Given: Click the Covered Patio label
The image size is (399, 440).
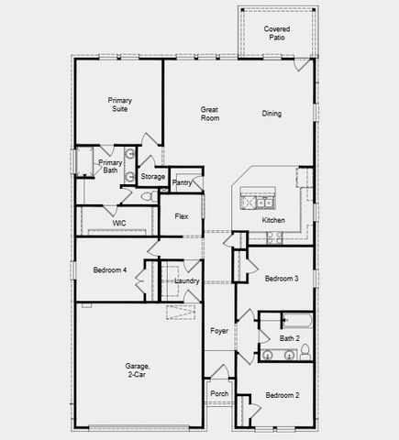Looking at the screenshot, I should coord(277,35).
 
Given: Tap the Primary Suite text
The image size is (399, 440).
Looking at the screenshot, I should coord(120,104).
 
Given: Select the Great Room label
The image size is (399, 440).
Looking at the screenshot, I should coord(210,114).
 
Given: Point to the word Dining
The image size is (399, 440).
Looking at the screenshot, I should coord(272,114).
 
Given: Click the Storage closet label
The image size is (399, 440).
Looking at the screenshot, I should coord(153,176).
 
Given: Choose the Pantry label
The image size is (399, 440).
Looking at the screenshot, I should coord(182,183).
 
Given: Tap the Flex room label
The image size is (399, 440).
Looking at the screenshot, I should coord(182,217).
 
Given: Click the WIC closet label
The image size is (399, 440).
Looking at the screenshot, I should coord(119,223).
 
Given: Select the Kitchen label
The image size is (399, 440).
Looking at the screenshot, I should coord(273,220).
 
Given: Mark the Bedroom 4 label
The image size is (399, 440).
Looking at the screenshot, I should coord(109,269).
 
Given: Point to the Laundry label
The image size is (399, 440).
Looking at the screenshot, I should coord(187,280).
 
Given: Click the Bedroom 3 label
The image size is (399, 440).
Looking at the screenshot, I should coord(282,278).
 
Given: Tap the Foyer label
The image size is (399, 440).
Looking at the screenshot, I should coord(218,330).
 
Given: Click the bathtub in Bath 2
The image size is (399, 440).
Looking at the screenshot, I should coord(297,322).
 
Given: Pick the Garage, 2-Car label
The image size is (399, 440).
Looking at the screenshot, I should coord(139,370).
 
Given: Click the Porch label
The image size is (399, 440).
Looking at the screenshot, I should coord(219,393).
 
